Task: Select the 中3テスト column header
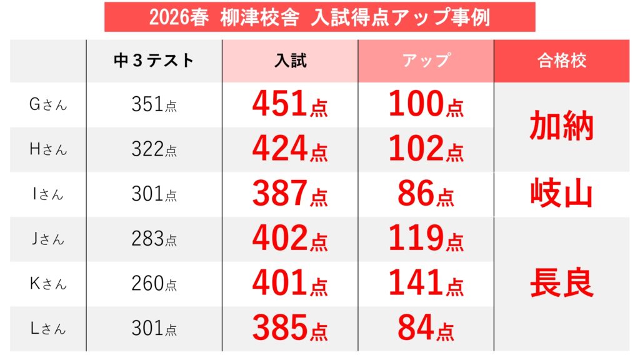(x=154, y=61)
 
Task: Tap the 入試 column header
(x=290, y=61)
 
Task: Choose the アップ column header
(x=426, y=61)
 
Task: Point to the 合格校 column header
(x=561, y=61)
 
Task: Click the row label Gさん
(x=47, y=105)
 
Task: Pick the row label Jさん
(x=47, y=239)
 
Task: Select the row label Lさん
(x=47, y=328)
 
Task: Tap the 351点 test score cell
(x=154, y=105)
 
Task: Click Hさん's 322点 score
(x=154, y=149)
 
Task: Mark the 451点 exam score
(x=290, y=104)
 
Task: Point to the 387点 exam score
(x=290, y=194)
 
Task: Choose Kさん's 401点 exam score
(x=290, y=284)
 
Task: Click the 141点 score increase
(x=426, y=284)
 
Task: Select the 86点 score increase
(x=426, y=194)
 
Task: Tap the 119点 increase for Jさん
(x=426, y=239)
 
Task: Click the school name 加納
(x=561, y=127)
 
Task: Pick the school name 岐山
(x=561, y=194)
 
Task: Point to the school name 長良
(x=561, y=284)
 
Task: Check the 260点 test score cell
(x=154, y=284)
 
